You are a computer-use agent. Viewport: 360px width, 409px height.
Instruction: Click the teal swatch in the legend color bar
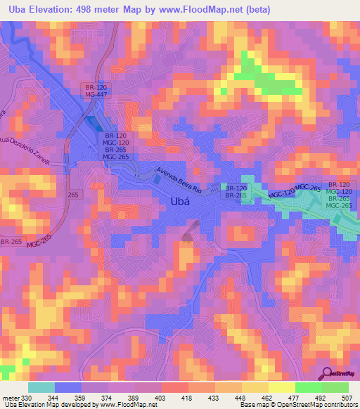(x=40, y=388)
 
